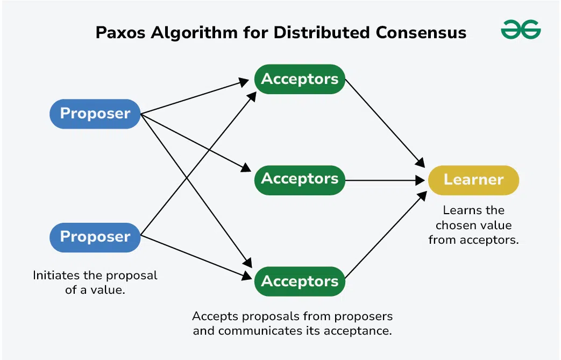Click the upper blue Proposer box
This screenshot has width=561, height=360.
pyautogui.click(x=95, y=114)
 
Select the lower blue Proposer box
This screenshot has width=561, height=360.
pyautogui.click(x=95, y=237)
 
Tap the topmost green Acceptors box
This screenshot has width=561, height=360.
pyautogui.click(x=300, y=79)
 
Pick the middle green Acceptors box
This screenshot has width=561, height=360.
pyautogui.click(x=300, y=179)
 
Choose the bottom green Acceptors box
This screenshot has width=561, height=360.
pyautogui.click(x=300, y=281)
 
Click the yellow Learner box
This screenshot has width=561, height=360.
pyautogui.click(x=473, y=180)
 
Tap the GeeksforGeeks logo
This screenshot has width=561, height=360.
pyautogui.click(x=521, y=30)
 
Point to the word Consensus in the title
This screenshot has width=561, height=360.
pyautogui.click(x=421, y=32)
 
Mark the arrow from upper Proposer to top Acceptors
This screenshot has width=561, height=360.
pyautogui.click(x=194, y=97)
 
